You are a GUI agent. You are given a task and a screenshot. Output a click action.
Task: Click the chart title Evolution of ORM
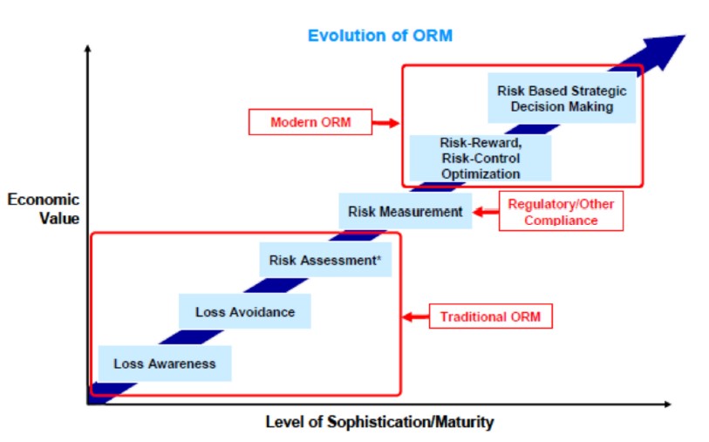tap(380, 35)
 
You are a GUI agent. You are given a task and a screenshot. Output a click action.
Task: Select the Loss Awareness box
tap(165, 364)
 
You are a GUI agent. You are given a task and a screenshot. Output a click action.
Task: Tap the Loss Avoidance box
tap(245, 311)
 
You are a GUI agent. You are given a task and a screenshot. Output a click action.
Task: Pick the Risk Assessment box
tap(325, 260)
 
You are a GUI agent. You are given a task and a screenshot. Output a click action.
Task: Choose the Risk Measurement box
tap(406, 211)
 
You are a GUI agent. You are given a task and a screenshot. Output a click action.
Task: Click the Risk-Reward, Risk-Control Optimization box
tap(481, 158)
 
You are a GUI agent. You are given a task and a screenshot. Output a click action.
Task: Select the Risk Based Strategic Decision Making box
tap(562, 98)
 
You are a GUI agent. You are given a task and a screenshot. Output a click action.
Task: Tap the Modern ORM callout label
tap(310, 122)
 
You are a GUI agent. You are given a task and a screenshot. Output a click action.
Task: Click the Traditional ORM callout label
tap(491, 316)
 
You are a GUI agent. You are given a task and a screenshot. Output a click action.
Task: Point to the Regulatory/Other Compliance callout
tap(561, 212)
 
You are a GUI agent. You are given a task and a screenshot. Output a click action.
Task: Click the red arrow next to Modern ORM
tap(385, 122)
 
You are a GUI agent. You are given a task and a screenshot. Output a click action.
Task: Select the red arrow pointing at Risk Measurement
tap(486, 212)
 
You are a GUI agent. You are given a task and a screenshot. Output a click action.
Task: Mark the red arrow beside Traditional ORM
tap(415, 316)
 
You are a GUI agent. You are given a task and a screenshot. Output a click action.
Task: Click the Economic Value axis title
tap(44, 209)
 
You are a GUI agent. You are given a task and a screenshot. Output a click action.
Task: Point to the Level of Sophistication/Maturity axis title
tap(379, 422)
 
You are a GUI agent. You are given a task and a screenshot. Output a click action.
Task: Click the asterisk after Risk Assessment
tap(378, 257)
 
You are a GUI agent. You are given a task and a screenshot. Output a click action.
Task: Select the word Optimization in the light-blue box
tap(481, 174)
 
